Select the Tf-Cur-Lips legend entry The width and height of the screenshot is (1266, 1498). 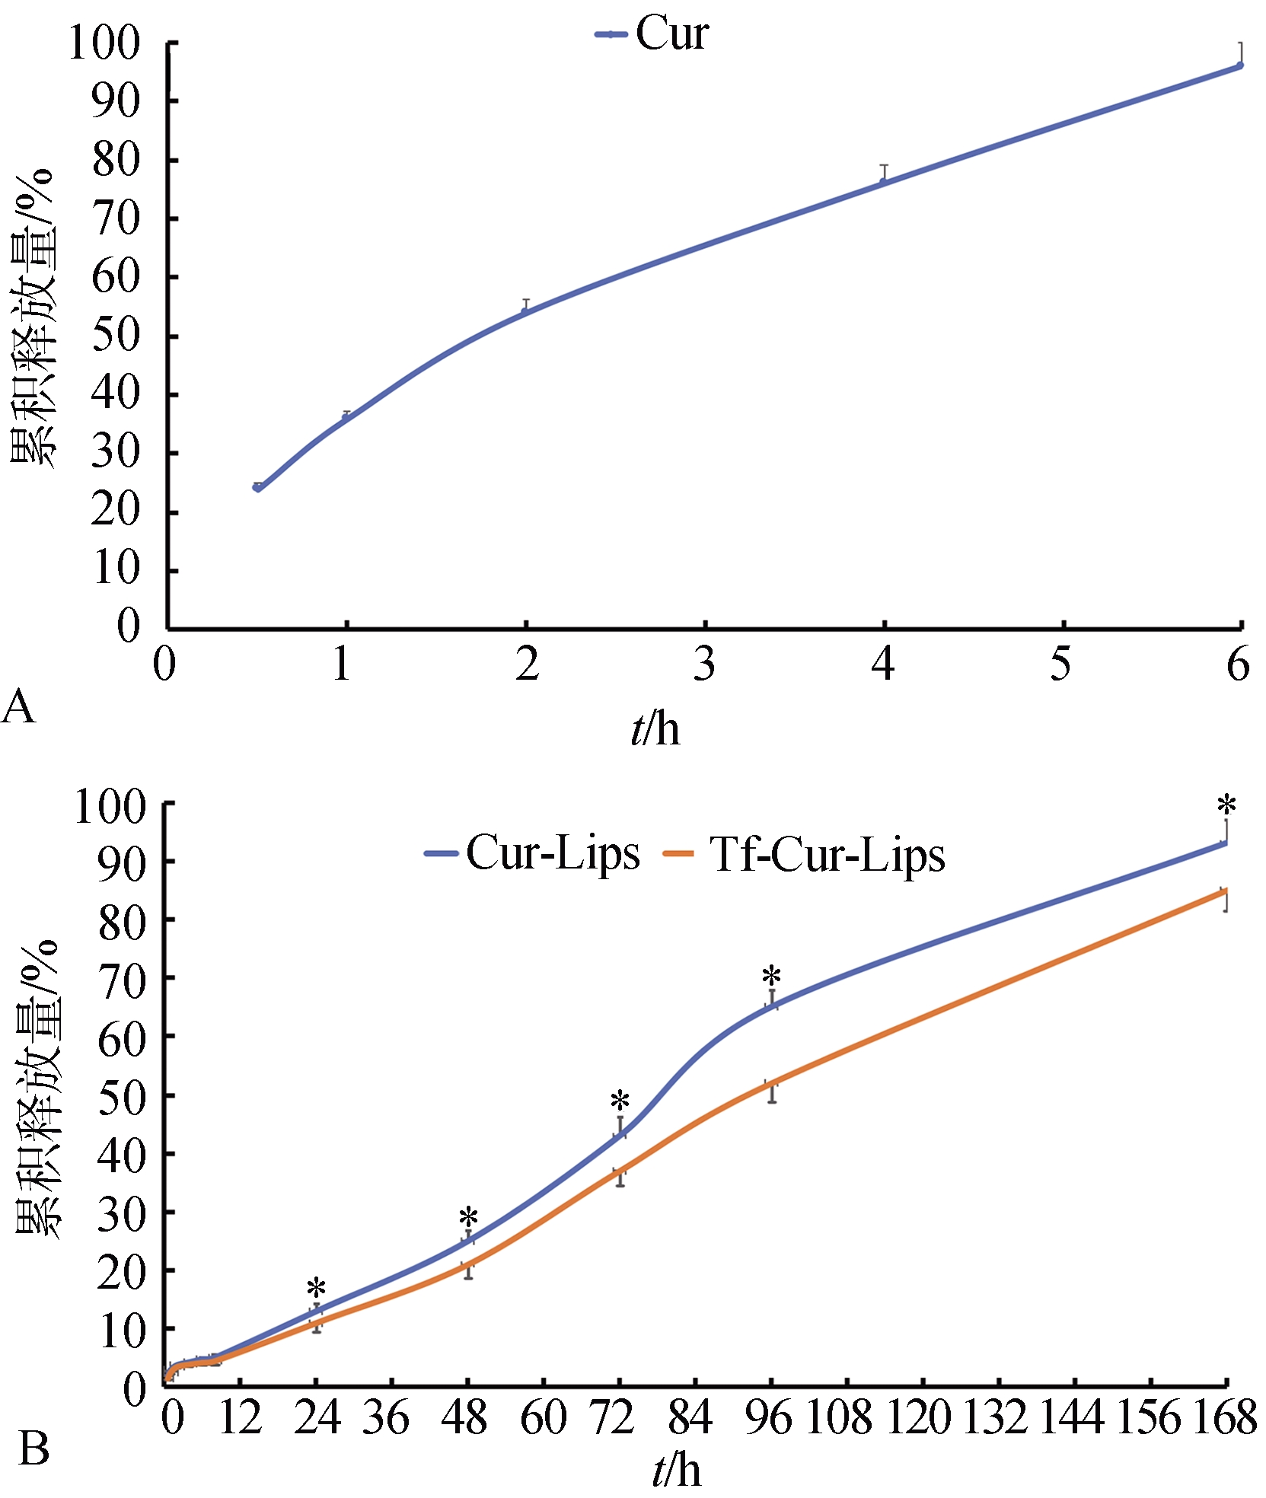point(807,854)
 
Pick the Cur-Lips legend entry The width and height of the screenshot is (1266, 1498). point(533,853)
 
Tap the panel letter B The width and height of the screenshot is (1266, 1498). point(33,1449)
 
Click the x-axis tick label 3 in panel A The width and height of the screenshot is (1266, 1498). point(705,665)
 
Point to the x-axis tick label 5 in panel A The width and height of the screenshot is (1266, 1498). point(1060,665)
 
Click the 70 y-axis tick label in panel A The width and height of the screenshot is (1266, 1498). point(116,219)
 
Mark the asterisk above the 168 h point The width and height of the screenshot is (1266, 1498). point(1226,805)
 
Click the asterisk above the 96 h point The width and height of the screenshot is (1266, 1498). point(772,977)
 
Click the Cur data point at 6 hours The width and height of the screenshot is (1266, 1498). point(1239,65)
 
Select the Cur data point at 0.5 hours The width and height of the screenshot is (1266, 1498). point(257,487)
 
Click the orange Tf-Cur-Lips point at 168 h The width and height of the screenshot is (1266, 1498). point(1225,891)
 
